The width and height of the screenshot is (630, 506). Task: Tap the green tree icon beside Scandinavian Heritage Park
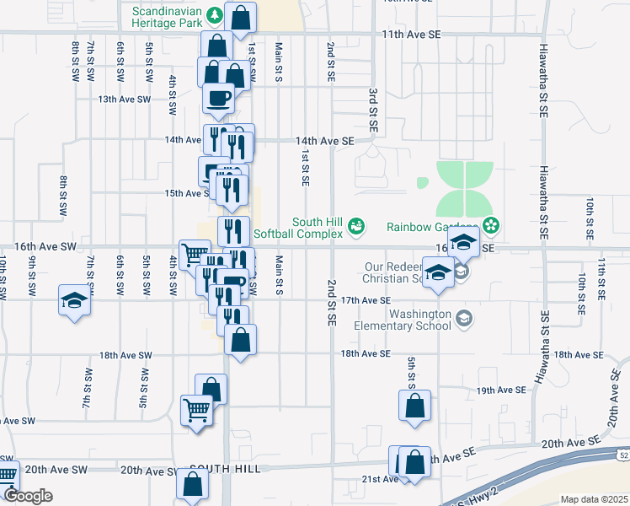pyautogui.click(x=216, y=14)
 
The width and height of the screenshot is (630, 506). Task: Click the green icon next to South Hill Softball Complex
pyautogui.click(x=357, y=225)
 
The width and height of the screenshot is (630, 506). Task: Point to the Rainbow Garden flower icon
pyautogui.click(x=492, y=226)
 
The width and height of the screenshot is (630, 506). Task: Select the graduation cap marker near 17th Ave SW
pyautogui.click(x=73, y=300)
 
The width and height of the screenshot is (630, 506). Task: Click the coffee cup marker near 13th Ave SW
pyautogui.click(x=219, y=97)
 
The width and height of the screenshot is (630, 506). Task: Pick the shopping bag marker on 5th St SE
pyautogui.click(x=415, y=406)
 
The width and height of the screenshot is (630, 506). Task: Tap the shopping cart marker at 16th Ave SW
pyautogui.click(x=195, y=253)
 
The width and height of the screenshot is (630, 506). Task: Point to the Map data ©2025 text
pyautogui.click(x=594, y=499)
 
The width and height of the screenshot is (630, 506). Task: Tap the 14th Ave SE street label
pyautogui.click(x=323, y=141)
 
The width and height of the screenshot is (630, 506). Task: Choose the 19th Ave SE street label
pyautogui.click(x=500, y=390)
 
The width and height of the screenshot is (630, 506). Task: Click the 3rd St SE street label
pyautogui.click(x=371, y=109)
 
